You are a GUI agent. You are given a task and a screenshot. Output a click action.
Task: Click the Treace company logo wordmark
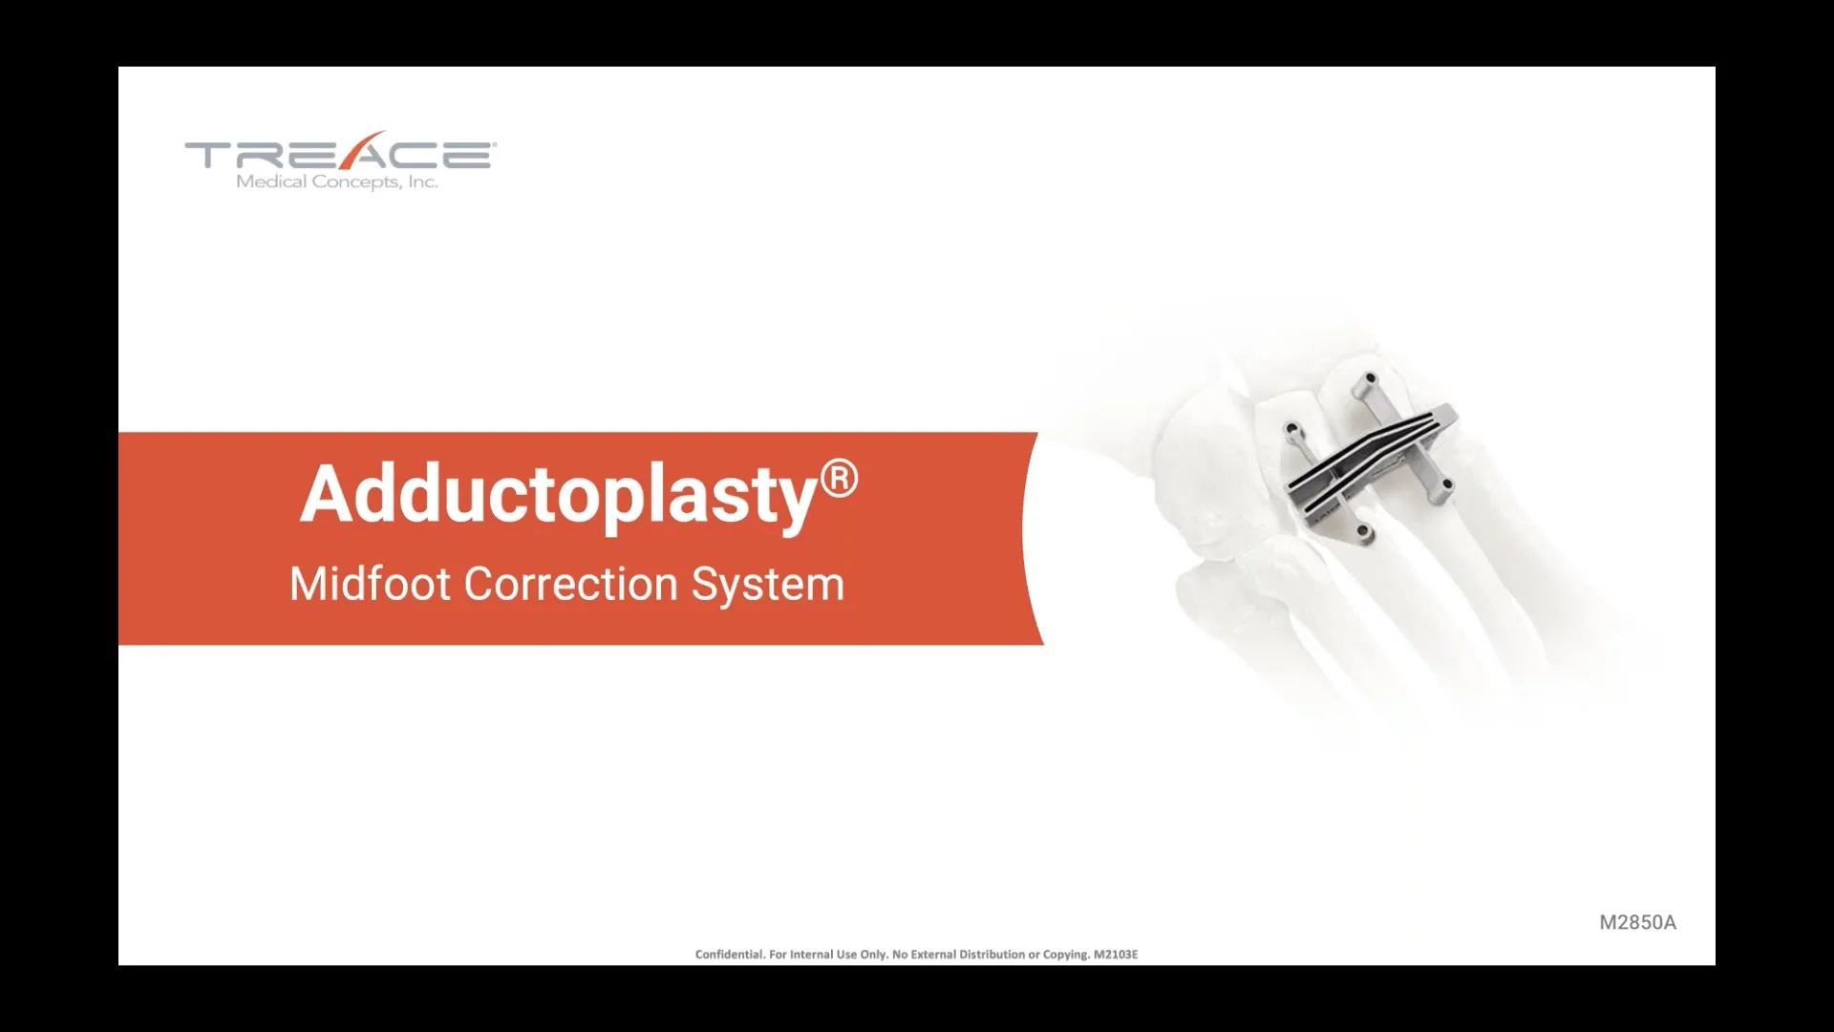click(x=340, y=154)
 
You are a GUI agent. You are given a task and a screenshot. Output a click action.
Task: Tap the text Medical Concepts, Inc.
click(x=337, y=182)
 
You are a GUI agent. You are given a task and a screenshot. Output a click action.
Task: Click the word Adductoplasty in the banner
click(x=559, y=495)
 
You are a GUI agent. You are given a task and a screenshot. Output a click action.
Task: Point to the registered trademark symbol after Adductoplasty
click(x=839, y=478)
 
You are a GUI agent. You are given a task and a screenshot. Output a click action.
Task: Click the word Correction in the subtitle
click(x=570, y=584)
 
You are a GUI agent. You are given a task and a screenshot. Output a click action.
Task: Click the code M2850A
click(x=1637, y=922)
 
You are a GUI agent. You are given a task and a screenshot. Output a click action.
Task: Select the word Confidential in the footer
click(x=730, y=954)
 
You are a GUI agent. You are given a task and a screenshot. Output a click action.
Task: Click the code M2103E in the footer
click(x=1116, y=954)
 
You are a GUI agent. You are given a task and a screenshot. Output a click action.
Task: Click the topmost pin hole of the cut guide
click(x=1370, y=379)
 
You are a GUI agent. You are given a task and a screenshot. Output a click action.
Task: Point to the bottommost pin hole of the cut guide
click(x=1363, y=531)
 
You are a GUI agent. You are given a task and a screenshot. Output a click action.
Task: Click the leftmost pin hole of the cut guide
click(x=1292, y=429)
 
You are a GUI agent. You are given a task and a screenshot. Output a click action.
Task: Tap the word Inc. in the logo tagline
click(x=423, y=182)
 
